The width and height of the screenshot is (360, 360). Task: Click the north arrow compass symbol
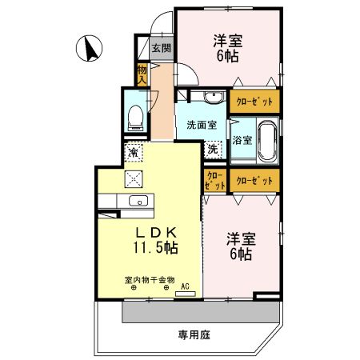pos(89,48)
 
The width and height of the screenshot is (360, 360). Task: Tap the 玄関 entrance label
pos(162,48)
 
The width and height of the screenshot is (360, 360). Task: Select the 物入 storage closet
pos(142,74)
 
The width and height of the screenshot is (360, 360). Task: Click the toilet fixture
pos(135,118)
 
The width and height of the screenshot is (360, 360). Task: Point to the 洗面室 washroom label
pos(202,125)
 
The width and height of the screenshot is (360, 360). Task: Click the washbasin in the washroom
pos(214,97)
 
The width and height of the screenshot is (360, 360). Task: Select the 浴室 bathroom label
pos(242,140)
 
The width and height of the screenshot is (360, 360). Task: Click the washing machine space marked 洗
pos(213,150)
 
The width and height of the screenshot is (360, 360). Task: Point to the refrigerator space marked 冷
pos(134,152)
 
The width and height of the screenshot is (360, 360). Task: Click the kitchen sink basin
pos(138,201)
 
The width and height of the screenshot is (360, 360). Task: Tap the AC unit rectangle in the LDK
pos(186,294)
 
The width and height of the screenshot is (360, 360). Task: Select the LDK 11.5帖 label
pos(156,240)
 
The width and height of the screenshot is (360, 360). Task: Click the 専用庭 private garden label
pos(194,334)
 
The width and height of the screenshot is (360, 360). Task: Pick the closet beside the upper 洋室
pos(254,102)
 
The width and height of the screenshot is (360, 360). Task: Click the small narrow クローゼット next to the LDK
pos(215,180)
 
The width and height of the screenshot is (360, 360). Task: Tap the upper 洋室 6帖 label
pos(227,48)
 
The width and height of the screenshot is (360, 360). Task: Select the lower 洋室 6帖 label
pos(241,246)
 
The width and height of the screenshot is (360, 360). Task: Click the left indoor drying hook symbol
pos(134,287)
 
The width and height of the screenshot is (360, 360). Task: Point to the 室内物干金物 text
pos(150,280)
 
